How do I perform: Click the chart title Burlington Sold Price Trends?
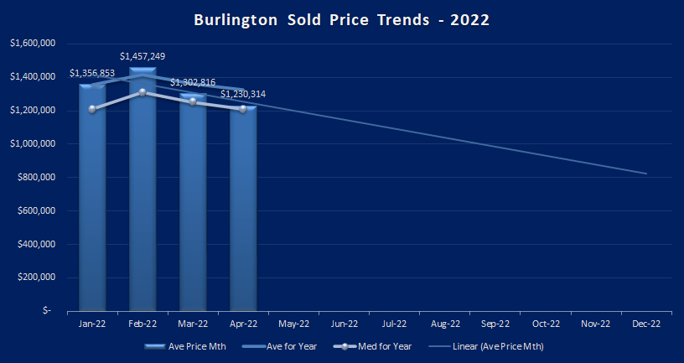[342, 19]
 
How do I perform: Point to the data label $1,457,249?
[142, 56]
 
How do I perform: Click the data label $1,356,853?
[92, 73]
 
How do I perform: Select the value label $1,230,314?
[243, 94]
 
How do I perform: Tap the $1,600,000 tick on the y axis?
[32, 44]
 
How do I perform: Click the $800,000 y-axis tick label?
[35, 178]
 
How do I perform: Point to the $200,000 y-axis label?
[35, 277]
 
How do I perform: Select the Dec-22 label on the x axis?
[646, 323]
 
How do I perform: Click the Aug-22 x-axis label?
[445, 323]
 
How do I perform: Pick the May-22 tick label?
[293, 323]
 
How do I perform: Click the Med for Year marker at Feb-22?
[142, 92]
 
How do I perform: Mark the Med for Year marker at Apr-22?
[243, 109]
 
